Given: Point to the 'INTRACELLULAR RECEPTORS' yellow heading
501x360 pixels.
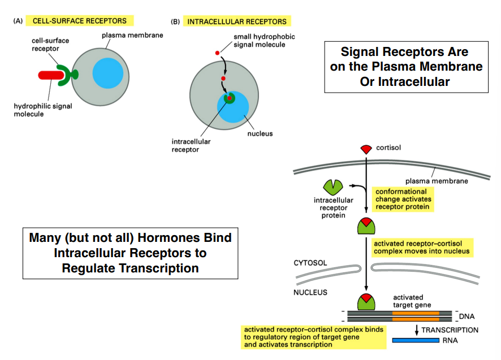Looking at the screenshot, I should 237,21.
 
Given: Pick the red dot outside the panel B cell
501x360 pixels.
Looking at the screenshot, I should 217,53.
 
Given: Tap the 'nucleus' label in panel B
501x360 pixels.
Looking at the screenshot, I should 260,134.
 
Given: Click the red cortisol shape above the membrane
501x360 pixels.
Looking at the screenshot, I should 366,149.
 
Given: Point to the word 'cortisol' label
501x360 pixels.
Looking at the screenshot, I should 390,148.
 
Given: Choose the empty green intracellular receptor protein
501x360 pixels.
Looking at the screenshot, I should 332,187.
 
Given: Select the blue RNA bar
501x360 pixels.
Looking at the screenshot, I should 416,340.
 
